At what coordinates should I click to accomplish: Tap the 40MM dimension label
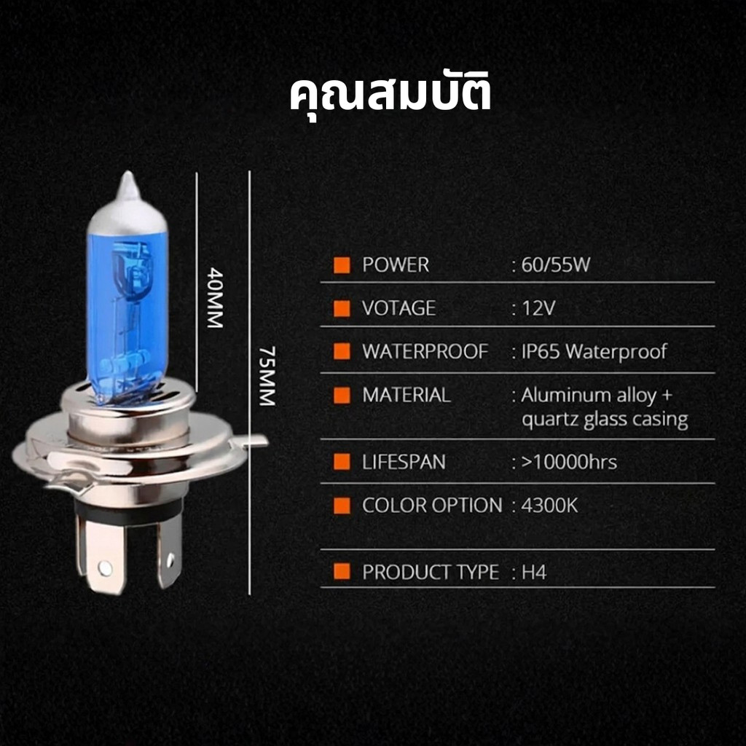(x=215, y=298)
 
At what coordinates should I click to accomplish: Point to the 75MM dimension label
(x=267, y=376)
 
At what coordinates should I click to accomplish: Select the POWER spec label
(x=396, y=265)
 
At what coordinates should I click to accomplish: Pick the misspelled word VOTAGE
(x=398, y=308)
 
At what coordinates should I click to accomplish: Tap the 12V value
(x=538, y=308)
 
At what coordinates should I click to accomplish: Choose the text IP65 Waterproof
(x=594, y=352)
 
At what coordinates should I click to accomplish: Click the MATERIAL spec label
(x=407, y=396)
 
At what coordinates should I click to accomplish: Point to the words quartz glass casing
(x=605, y=420)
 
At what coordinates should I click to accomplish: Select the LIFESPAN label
(x=404, y=462)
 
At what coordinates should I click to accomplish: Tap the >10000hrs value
(x=569, y=462)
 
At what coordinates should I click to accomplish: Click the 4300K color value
(x=549, y=506)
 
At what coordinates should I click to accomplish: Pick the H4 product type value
(x=534, y=573)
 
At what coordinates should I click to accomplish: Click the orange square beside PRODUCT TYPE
(x=342, y=572)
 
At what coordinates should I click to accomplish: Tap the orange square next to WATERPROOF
(x=342, y=352)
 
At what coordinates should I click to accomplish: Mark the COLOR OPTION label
(x=432, y=506)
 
